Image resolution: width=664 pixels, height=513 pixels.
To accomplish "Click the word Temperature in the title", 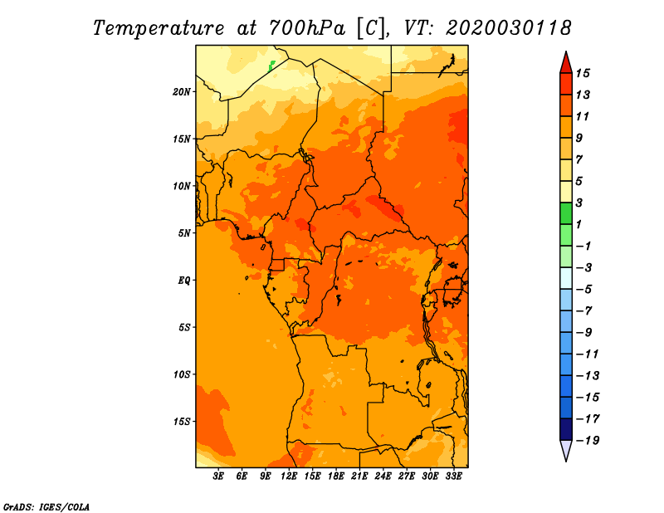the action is [159, 29].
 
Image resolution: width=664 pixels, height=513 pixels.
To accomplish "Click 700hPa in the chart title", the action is [306, 28].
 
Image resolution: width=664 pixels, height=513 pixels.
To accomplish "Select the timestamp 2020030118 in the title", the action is [509, 28].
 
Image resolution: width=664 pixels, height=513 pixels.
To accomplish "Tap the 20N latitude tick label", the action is [182, 92].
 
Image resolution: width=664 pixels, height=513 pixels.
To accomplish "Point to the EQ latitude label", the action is [183, 281].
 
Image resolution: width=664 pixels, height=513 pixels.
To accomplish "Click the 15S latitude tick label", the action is [182, 422].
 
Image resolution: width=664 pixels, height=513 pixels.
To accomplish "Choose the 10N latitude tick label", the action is [182, 186].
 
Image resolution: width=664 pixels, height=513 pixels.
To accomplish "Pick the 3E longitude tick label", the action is [218, 476].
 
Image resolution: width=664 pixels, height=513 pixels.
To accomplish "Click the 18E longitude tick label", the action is [336, 476].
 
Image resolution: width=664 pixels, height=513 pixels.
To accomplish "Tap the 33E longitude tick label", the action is [453, 476].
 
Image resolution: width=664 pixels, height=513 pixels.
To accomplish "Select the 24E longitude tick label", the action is [383, 476].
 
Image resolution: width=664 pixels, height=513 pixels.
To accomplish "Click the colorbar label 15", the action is [583, 73].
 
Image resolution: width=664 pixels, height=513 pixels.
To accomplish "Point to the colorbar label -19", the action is [588, 441].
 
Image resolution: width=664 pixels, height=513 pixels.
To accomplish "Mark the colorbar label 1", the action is [579, 224].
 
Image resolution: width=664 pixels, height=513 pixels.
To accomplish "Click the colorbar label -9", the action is [584, 333].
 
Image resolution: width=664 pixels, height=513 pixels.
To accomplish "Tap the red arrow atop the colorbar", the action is [566, 64].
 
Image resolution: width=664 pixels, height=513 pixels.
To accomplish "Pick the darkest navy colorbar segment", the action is [566, 429].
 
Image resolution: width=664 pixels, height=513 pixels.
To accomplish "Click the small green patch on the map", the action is [271, 66].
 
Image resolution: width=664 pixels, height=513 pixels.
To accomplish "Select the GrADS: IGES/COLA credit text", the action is [46, 506].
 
